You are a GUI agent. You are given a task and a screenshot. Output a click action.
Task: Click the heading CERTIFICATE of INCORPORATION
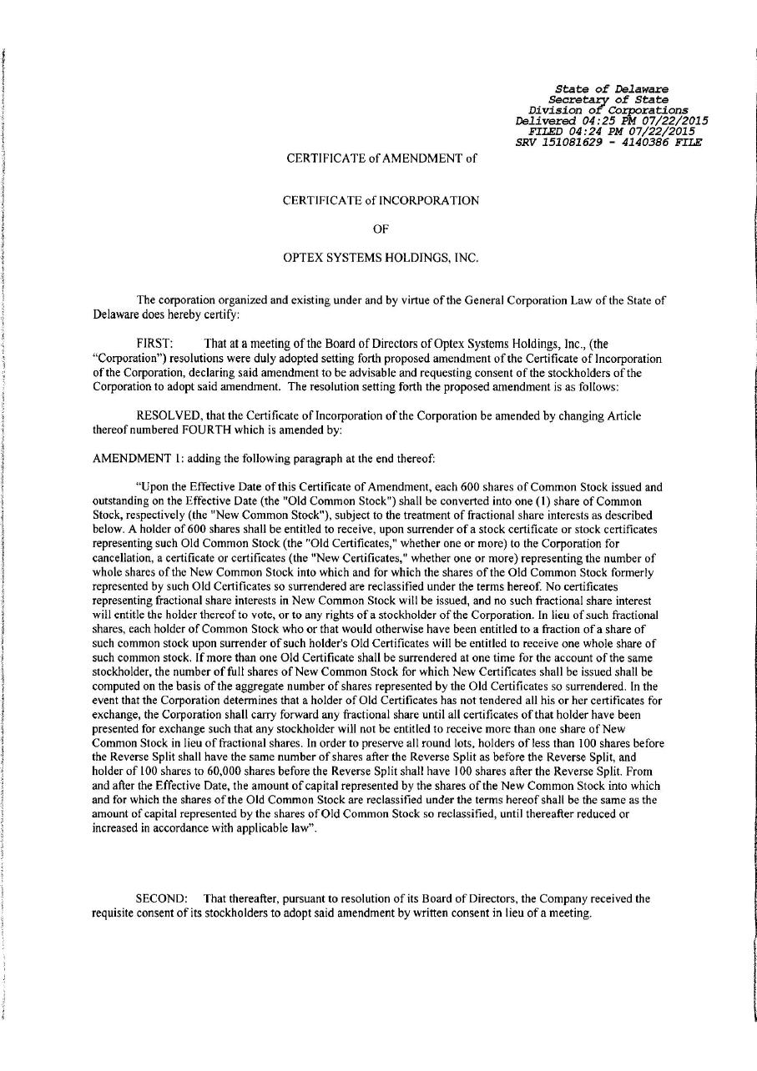381,200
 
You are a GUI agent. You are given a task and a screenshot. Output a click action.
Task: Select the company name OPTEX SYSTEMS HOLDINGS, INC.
381,258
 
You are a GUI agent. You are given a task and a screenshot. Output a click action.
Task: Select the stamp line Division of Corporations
608,109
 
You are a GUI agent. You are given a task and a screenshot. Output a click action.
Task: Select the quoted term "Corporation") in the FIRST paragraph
127,358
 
